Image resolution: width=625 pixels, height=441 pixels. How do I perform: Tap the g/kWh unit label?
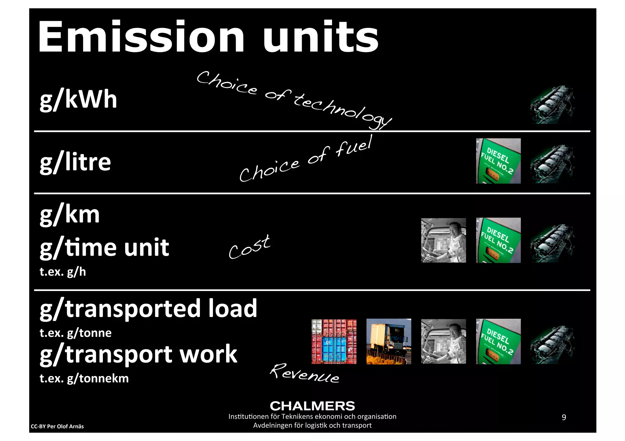tap(78, 100)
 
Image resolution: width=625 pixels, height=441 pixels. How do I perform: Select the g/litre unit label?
tap(75, 162)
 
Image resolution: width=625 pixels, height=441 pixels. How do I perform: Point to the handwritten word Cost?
tap(249, 247)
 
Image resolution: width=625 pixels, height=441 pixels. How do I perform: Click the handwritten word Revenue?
tap(304, 373)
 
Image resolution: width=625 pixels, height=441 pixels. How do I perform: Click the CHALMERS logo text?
tap(312, 406)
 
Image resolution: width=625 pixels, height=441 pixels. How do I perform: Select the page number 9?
tap(564, 417)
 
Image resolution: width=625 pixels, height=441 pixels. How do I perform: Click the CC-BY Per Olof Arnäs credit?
tap(57, 426)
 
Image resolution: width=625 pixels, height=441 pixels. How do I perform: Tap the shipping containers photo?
tap(334, 342)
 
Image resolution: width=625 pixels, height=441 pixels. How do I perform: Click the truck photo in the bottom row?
tap(388, 341)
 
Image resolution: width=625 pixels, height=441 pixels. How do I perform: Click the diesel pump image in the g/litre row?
tap(498, 161)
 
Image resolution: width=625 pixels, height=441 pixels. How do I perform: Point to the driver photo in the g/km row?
tap(443, 240)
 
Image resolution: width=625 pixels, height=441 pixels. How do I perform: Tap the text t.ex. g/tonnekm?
tap(84, 379)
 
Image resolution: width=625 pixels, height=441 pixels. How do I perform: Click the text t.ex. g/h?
tap(63, 272)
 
